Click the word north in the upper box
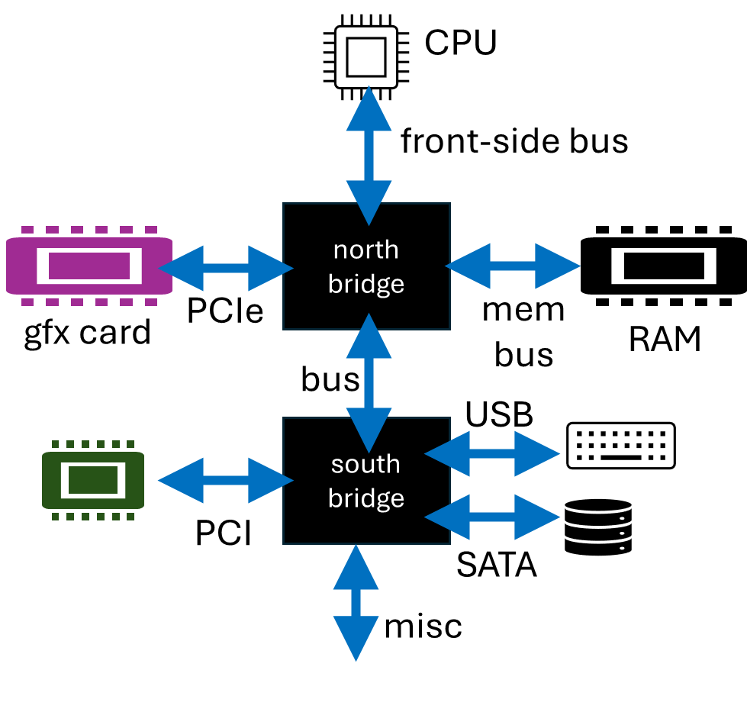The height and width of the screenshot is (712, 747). [x=365, y=250]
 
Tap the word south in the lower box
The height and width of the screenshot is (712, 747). [x=365, y=464]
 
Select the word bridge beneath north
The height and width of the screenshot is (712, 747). [x=365, y=284]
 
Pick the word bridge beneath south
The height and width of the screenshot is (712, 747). [x=365, y=498]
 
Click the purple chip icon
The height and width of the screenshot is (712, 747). [x=89, y=266]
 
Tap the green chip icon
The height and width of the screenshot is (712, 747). [x=93, y=480]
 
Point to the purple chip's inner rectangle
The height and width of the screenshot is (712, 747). [x=89, y=266]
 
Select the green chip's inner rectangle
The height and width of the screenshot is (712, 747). [x=93, y=480]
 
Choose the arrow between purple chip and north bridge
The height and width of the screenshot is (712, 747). [x=225, y=268]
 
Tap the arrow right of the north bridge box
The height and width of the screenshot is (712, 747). [x=513, y=266]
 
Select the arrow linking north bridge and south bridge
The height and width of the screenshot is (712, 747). [x=369, y=383]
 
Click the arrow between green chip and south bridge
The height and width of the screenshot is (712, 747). [x=225, y=481]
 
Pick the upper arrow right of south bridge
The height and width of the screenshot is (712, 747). [x=492, y=453]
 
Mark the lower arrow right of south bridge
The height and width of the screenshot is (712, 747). [x=492, y=517]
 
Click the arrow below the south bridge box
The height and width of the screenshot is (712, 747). [x=356, y=603]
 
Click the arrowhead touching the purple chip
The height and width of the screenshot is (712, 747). [x=182, y=268]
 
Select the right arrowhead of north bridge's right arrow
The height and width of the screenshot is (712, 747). [x=557, y=266]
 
